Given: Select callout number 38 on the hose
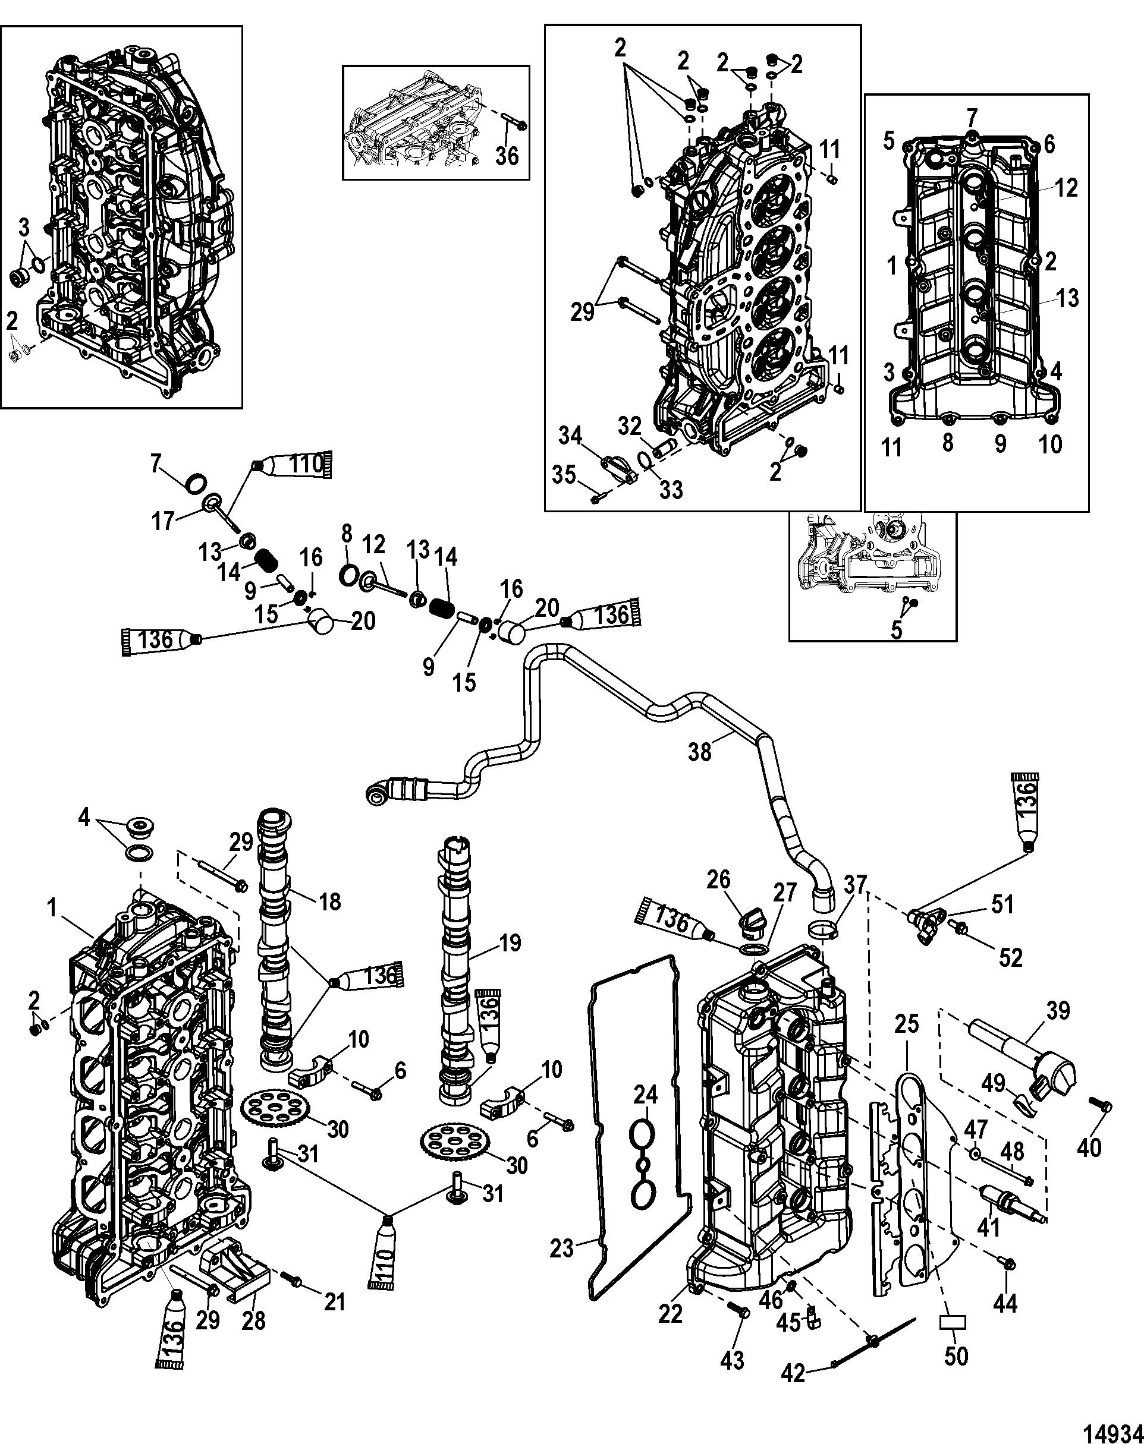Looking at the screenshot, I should (x=700, y=752).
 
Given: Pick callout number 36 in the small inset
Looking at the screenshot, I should (x=507, y=155).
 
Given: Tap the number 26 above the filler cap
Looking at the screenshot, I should (x=719, y=879).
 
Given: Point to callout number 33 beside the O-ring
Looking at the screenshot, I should (x=670, y=490).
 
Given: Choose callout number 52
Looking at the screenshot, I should (x=1010, y=957).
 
